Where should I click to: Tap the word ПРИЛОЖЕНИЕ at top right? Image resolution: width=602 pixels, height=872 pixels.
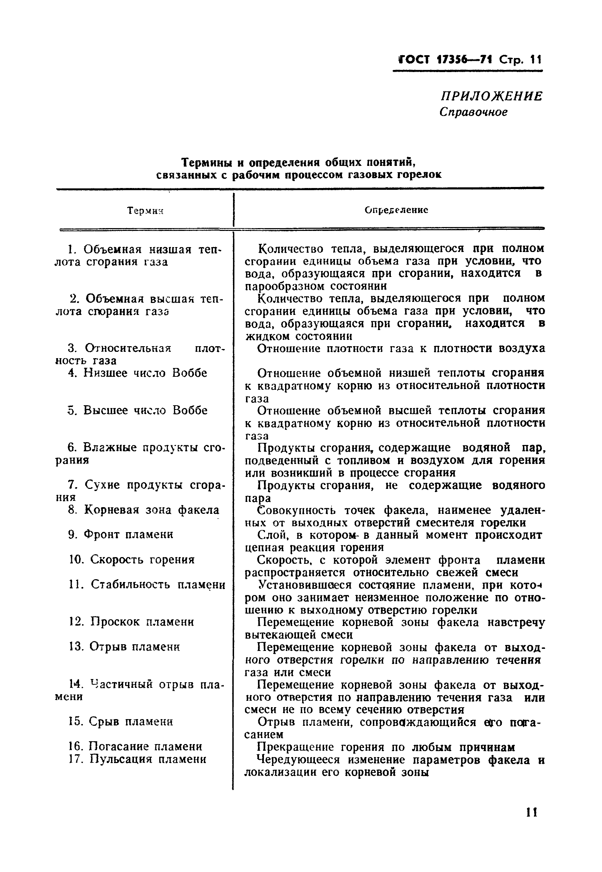(x=492, y=96)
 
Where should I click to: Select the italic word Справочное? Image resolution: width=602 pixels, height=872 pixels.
(x=473, y=112)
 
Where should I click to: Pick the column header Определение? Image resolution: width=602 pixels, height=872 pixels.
(x=396, y=210)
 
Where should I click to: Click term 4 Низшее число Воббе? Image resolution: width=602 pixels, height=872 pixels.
(x=138, y=373)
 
